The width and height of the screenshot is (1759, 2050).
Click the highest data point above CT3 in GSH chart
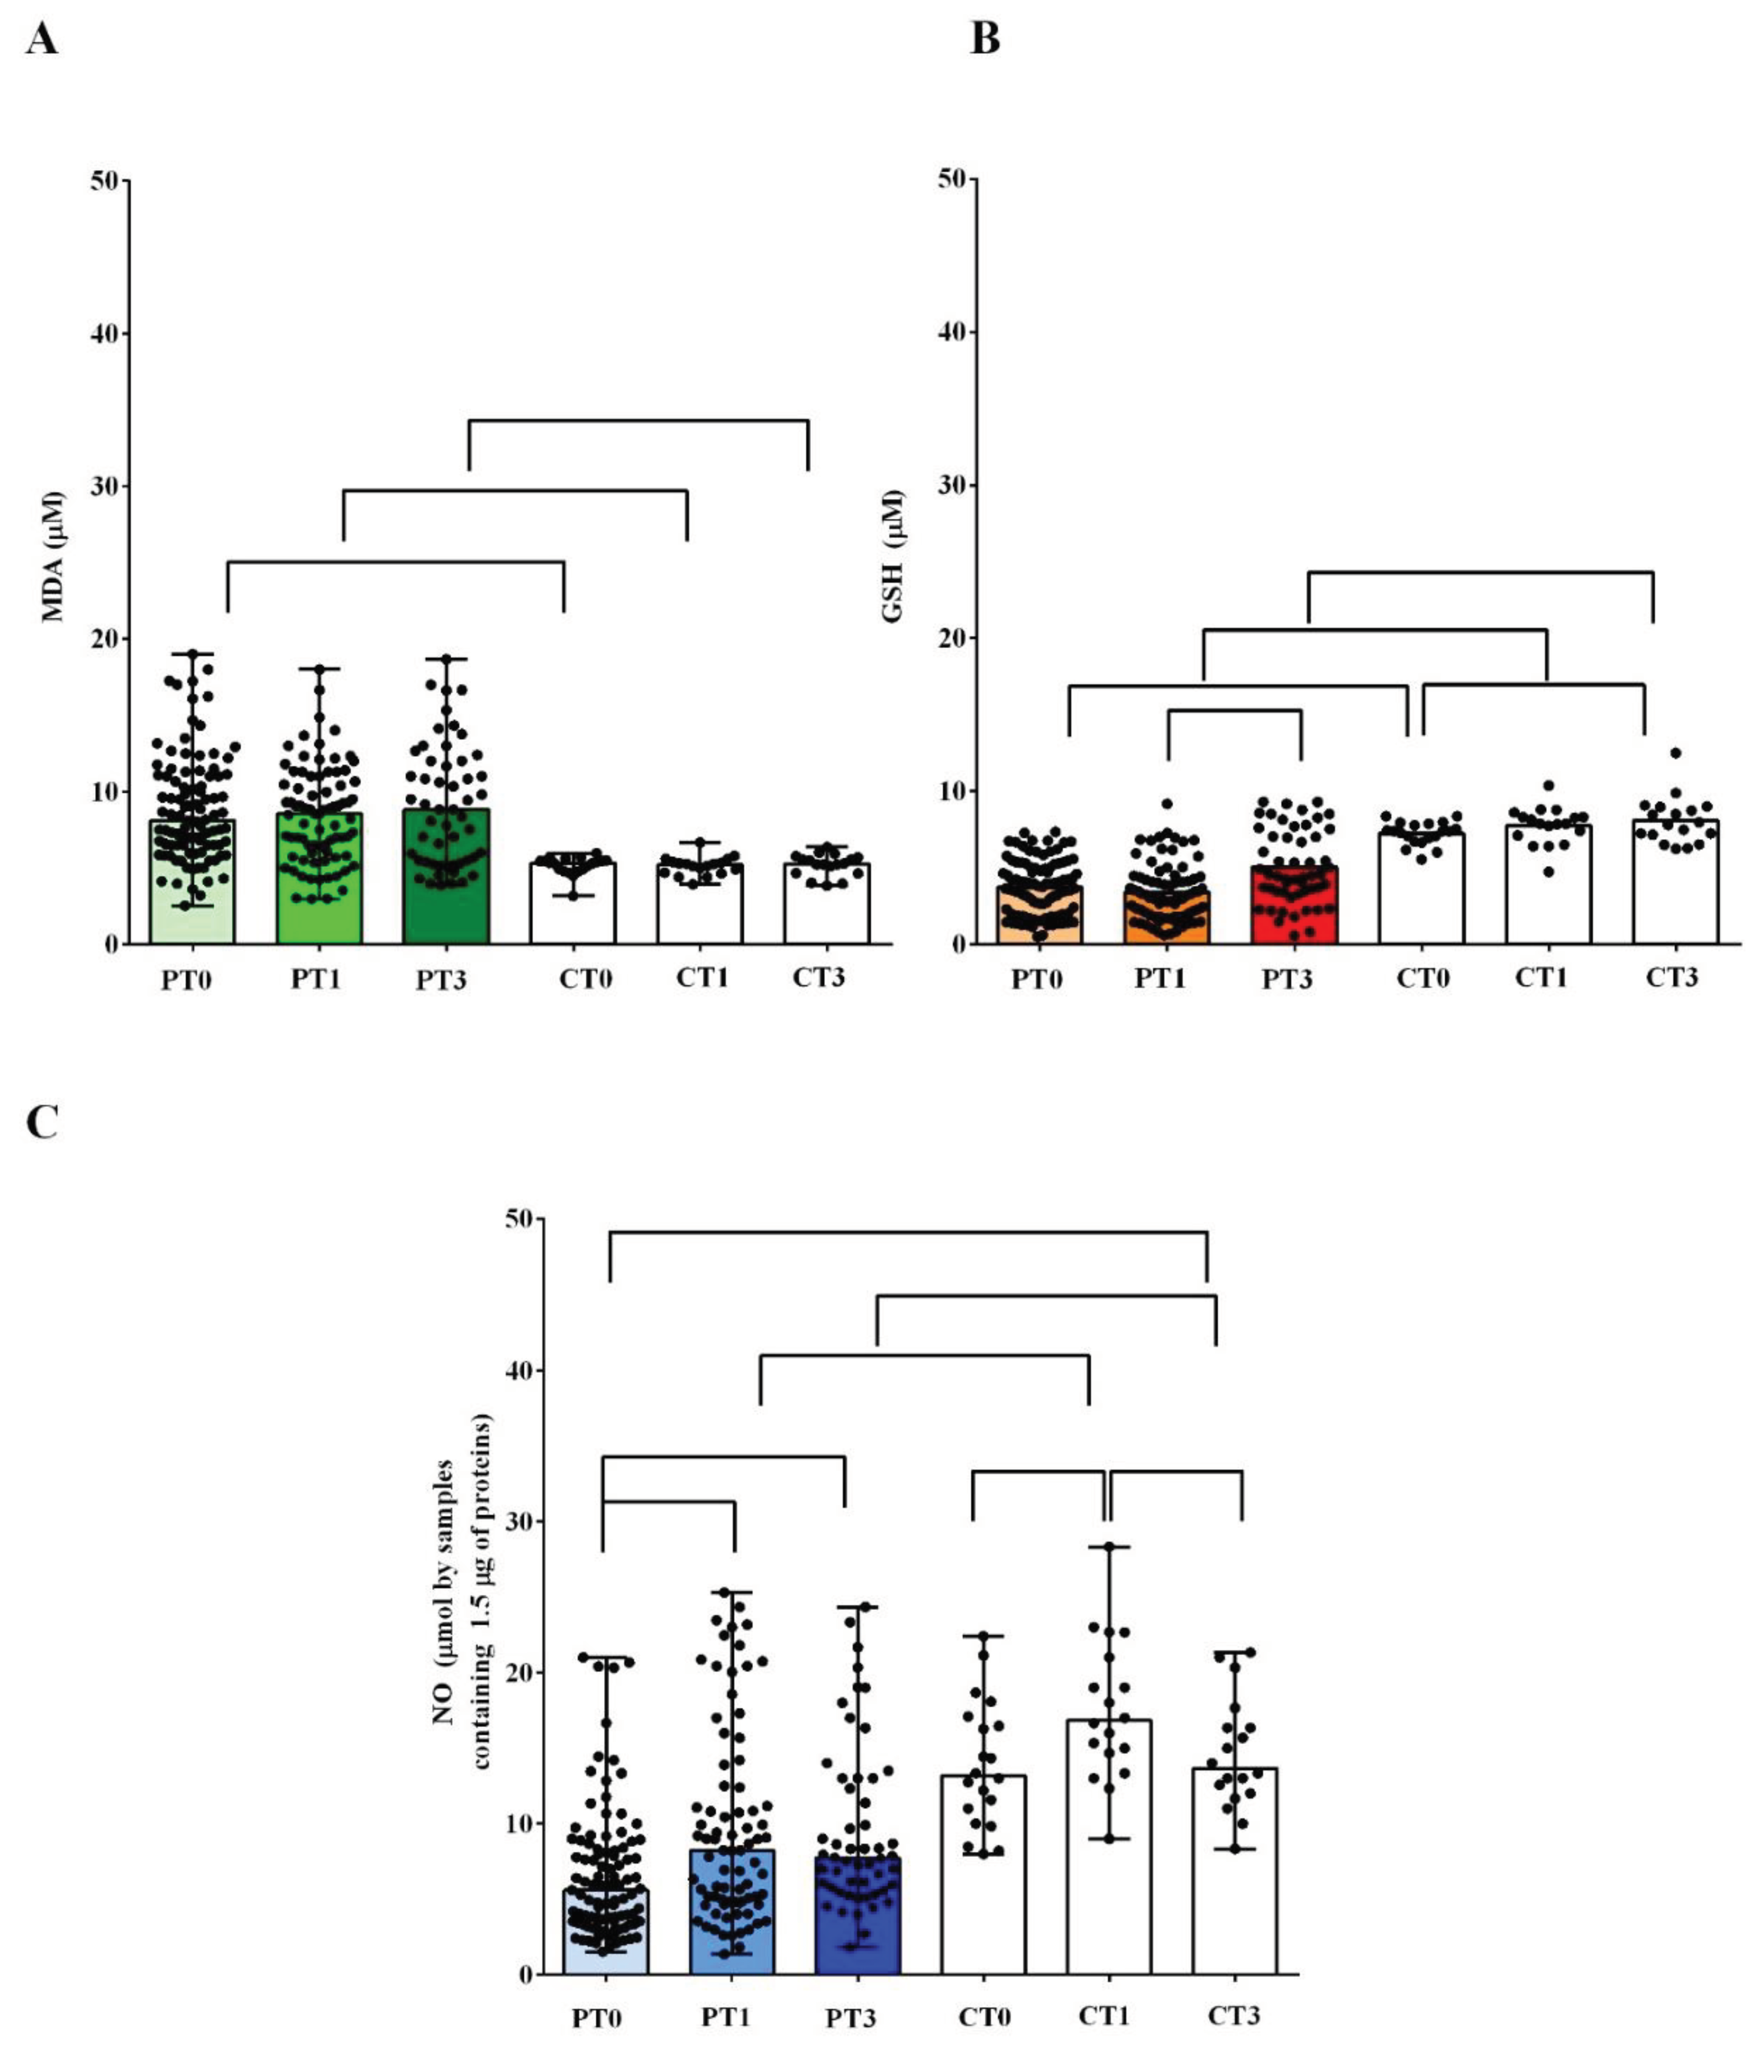coord(1675,753)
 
